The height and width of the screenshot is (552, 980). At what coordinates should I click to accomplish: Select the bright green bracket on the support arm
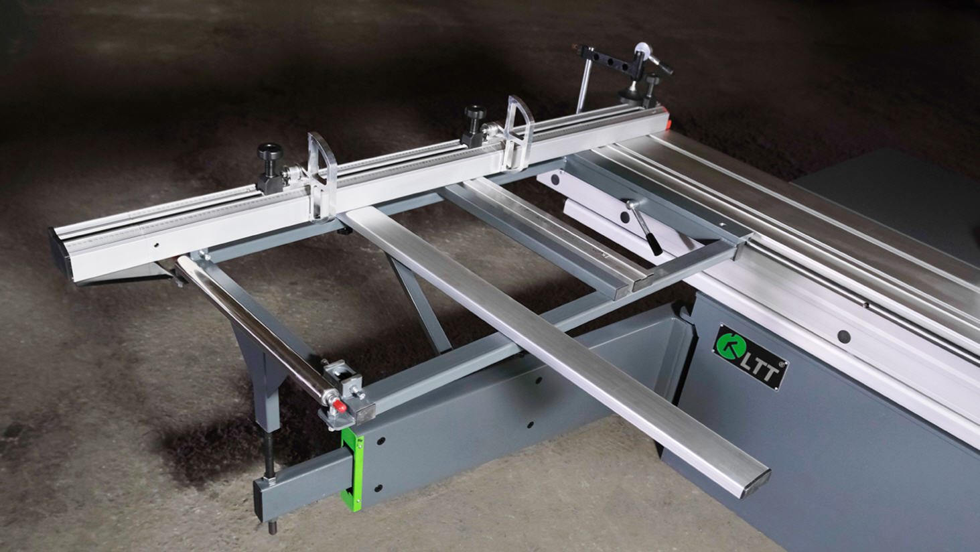352,468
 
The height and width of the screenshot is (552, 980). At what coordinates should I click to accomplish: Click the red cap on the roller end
339,407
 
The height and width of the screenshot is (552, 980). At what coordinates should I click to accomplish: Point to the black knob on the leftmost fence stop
270,152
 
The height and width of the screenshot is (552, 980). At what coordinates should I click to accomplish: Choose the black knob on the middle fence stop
475,112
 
